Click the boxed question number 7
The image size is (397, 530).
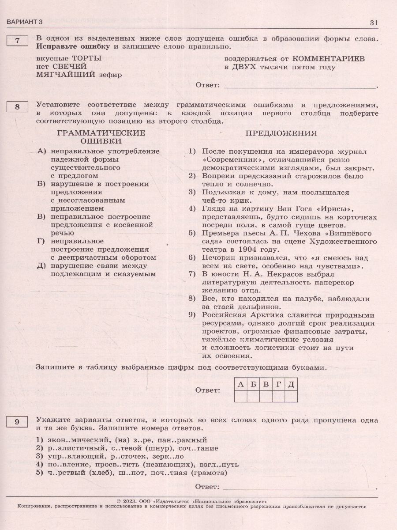point(17,41)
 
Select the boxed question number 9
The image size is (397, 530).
point(17,422)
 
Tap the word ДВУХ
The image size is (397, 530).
point(244,67)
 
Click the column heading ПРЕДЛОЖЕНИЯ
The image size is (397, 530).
point(281,133)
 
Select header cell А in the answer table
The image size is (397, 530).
point(240,384)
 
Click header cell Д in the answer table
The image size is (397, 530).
point(291,384)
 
